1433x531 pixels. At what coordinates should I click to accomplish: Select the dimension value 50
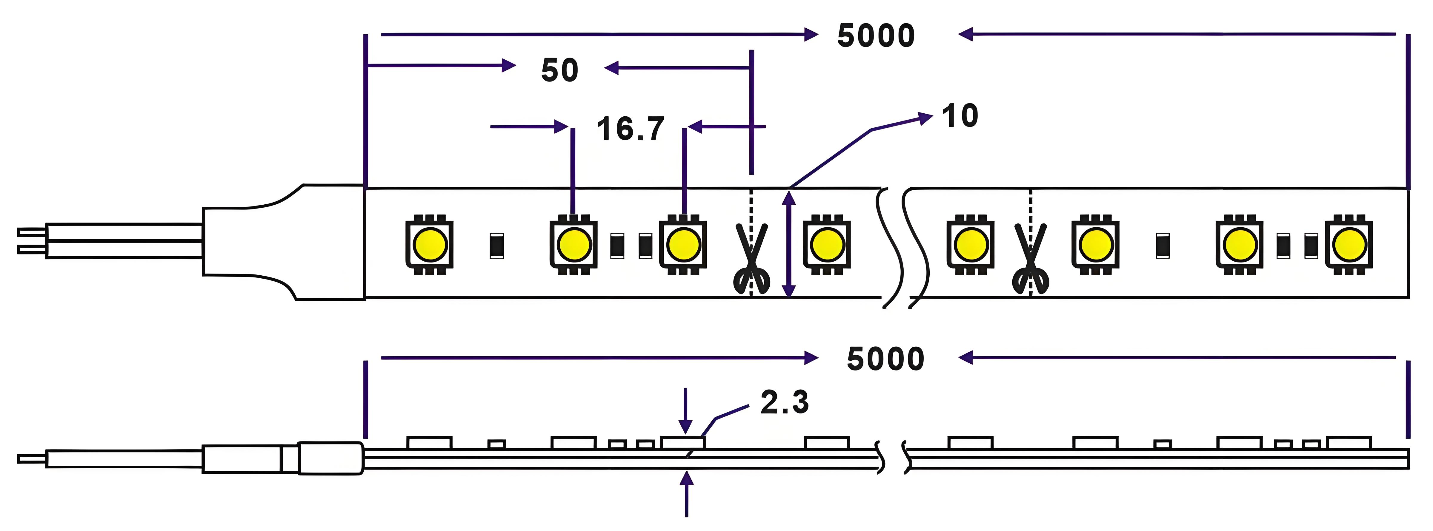560,70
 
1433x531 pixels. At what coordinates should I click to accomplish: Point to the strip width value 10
960,116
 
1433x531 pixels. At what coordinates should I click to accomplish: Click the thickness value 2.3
784,402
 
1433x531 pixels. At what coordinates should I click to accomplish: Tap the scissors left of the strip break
751,259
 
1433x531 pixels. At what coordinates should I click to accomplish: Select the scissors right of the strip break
1030,259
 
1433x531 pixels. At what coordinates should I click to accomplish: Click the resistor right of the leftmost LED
497,246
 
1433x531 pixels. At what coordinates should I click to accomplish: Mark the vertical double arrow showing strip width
789,244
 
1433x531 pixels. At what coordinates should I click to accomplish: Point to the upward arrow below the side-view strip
687,494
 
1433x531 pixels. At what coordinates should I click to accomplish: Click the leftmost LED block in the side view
430,443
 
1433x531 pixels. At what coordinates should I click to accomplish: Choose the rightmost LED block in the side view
1349,443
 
